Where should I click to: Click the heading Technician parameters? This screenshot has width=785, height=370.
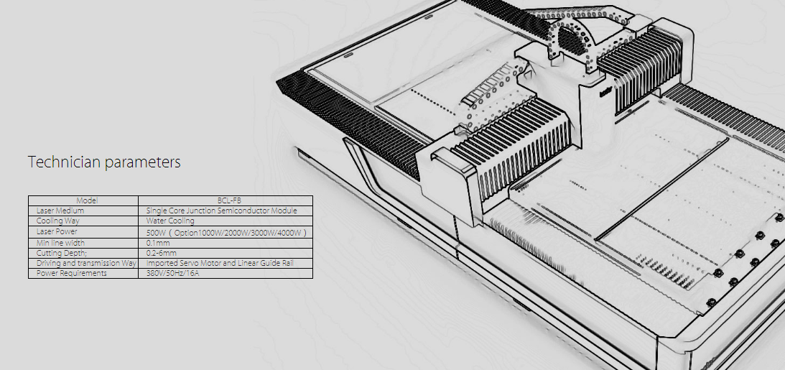(x=104, y=162)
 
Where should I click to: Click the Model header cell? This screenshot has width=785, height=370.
(x=87, y=200)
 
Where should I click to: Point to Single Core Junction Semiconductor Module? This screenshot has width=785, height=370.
(x=222, y=211)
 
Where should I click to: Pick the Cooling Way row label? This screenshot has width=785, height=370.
(x=58, y=221)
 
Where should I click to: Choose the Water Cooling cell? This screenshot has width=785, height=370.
(x=170, y=221)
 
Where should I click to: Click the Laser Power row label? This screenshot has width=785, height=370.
(x=57, y=231)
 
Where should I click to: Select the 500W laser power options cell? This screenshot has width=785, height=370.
(x=226, y=233)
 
